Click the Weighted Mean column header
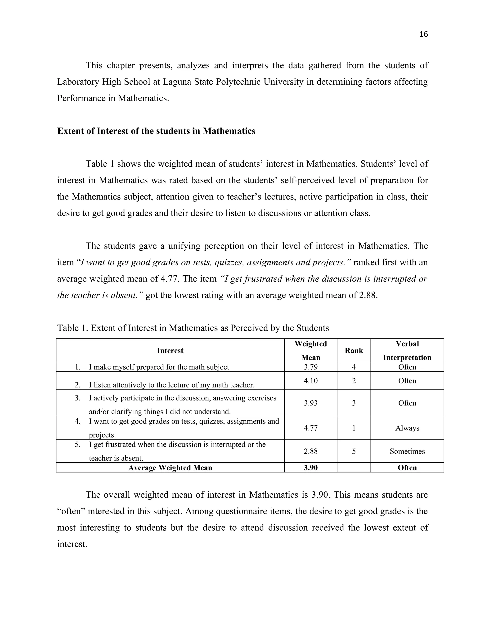tap(311, 350)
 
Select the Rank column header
tap(354, 350)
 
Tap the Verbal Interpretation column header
tap(407, 350)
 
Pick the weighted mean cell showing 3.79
tap(311, 367)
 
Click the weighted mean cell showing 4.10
tap(311, 381)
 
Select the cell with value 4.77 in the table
tap(311, 428)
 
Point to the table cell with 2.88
tap(311, 451)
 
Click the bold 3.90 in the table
tap(311, 468)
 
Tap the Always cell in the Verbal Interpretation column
tap(407, 428)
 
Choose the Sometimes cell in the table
tap(407, 451)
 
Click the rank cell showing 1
tap(354, 428)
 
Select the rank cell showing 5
tap(354, 451)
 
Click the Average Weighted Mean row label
tap(170, 468)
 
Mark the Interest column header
tap(170, 350)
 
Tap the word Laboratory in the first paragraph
tap(78, 82)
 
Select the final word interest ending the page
tap(72, 544)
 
